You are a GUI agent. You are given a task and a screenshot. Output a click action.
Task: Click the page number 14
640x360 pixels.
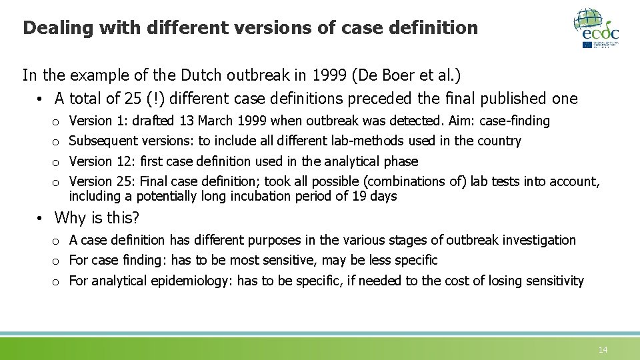click(603, 349)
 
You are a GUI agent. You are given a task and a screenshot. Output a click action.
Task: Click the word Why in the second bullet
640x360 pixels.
click(69, 218)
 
